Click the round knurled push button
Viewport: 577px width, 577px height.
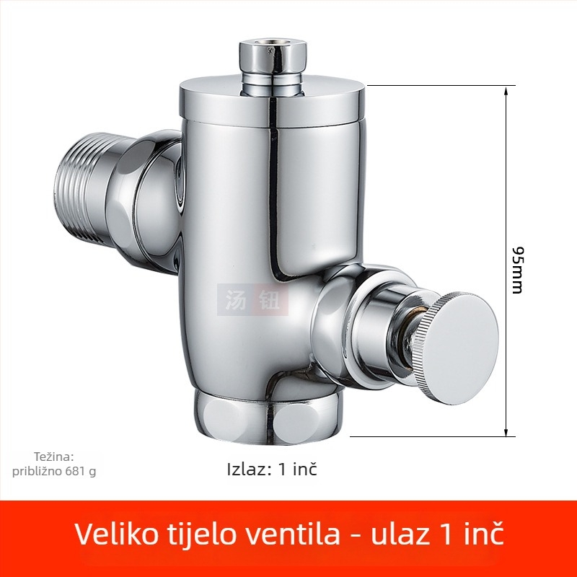click(x=457, y=348)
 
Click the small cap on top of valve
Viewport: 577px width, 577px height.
click(x=273, y=57)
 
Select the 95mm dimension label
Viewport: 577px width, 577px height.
click(x=517, y=270)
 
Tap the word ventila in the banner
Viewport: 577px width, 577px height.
click(x=293, y=534)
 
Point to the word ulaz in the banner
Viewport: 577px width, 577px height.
click(x=400, y=534)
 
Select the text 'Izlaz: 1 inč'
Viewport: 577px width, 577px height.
click(x=272, y=470)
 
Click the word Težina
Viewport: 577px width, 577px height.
click(x=53, y=457)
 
